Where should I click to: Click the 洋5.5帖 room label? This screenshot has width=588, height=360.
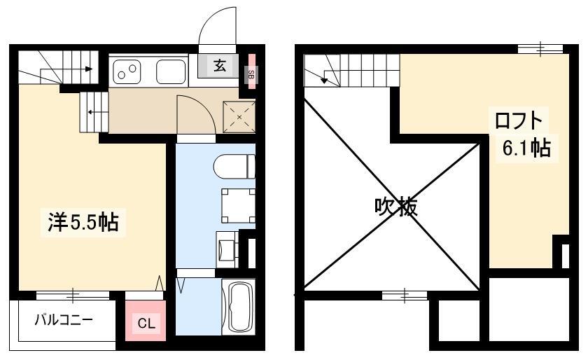coord(83,222)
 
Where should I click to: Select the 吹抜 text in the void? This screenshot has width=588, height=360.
coord(396,206)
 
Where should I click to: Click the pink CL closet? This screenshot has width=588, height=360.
coord(146,320)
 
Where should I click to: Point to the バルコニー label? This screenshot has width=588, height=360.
coord(64,320)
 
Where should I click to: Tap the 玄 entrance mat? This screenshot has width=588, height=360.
coord(218,66)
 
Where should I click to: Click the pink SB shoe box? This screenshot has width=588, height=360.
coord(251,72)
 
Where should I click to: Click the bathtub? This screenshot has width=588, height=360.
coord(238,307)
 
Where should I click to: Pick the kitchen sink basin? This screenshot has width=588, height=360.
coord(171,71)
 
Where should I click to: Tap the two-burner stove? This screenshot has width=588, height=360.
coord(127,71)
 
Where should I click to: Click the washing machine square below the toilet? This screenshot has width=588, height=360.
coord(238,206)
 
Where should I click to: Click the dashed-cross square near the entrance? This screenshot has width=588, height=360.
coord(239,116)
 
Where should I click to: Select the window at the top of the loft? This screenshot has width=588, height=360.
coord(540,49)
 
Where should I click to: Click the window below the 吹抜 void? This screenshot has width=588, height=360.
coord(405,295)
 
